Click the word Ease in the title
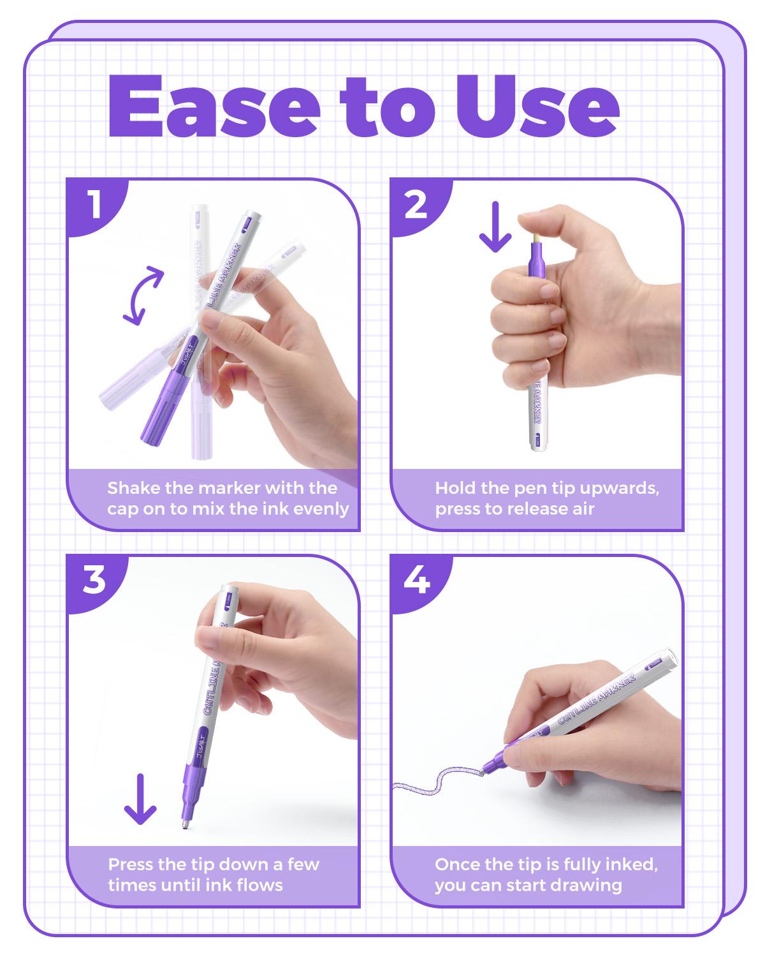tap(214, 107)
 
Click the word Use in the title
tap(537, 107)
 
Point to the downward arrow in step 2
tap(495, 226)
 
